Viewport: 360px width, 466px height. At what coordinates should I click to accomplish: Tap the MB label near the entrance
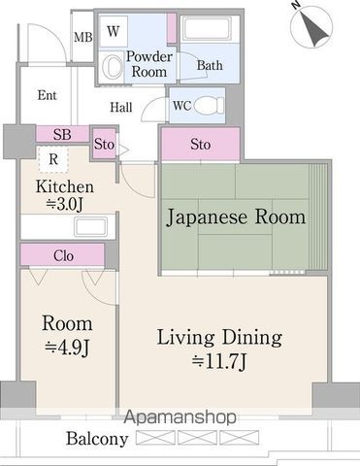(84, 40)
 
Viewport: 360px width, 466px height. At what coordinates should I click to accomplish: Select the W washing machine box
(114, 31)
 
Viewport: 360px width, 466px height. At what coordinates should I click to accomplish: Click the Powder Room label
(148, 64)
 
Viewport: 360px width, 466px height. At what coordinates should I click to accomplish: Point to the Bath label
(210, 65)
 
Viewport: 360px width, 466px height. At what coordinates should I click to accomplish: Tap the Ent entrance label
(47, 95)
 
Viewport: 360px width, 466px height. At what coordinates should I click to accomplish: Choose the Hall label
(121, 108)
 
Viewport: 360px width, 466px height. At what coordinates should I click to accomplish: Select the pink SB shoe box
(61, 134)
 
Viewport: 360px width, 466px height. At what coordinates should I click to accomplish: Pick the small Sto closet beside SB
(105, 145)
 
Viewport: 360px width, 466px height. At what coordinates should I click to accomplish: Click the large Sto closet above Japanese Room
(200, 145)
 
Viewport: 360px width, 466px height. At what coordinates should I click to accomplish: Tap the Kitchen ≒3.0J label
(64, 194)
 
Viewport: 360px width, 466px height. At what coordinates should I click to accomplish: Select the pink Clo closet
(64, 256)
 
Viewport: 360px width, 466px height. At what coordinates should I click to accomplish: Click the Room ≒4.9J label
(67, 333)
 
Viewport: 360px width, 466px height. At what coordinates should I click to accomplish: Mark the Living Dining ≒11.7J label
(219, 349)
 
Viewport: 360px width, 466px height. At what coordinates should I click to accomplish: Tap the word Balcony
(96, 439)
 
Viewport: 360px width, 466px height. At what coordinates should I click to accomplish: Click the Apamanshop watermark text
(180, 417)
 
